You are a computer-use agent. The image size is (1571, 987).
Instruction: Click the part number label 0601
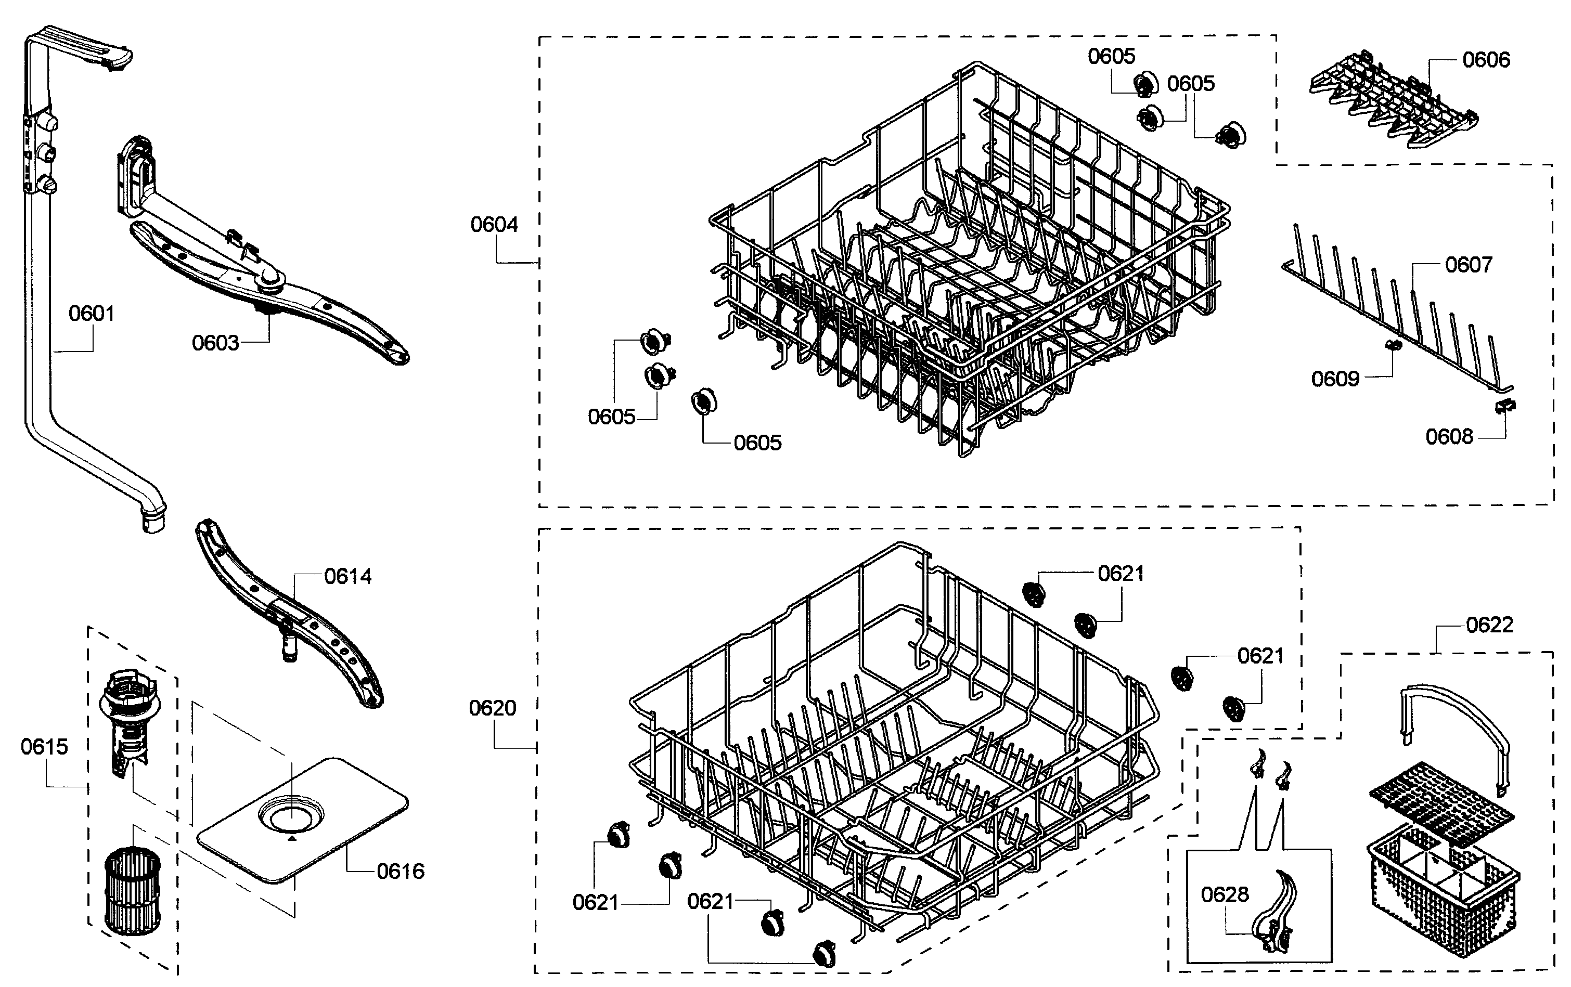point(92,314)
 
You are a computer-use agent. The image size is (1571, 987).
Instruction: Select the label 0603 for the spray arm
point(215,343)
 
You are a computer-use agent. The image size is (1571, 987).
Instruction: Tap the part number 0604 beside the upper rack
point(494,225)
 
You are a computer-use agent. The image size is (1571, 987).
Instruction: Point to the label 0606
point(1486,60)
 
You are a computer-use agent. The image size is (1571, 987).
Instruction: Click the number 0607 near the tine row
point(1469,265)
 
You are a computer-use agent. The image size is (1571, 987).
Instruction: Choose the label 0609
point(1335,379)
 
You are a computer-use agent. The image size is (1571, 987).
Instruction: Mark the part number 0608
point(1449,436)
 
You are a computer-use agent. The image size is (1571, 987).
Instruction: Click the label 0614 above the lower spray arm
point(347,577)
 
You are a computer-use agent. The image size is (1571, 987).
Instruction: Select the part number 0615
point(44,747)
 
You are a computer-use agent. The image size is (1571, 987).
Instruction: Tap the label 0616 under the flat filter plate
point(401,872)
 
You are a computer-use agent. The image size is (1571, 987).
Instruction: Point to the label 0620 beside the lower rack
point(492,708)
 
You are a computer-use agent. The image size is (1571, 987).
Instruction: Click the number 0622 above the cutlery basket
point(1489,625)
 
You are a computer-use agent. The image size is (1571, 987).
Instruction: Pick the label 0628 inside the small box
point(1225,894)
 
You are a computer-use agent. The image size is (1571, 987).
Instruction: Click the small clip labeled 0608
point(1504,407)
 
